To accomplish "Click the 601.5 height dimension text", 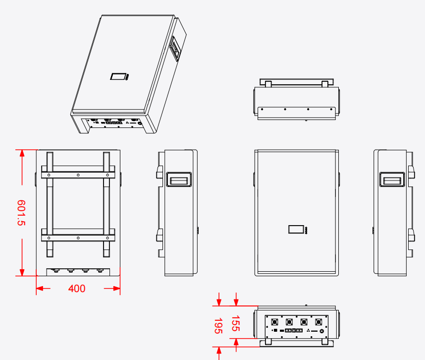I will click(21, 213).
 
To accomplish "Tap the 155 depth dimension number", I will click(236, 323).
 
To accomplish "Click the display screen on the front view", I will click(297, 230).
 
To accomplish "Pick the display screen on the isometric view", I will click(118, 77).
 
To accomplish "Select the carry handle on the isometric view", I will click(175, 49).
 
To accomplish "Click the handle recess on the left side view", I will click(178, 180).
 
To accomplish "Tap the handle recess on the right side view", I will click(392, 179).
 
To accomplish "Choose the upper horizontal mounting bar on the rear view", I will click(78, 175).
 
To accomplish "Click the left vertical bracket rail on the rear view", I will click(50, 204).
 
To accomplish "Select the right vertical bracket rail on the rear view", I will click(106, 204).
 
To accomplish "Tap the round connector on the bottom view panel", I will click(322, 331).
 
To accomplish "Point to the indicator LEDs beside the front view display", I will click(307, 231).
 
